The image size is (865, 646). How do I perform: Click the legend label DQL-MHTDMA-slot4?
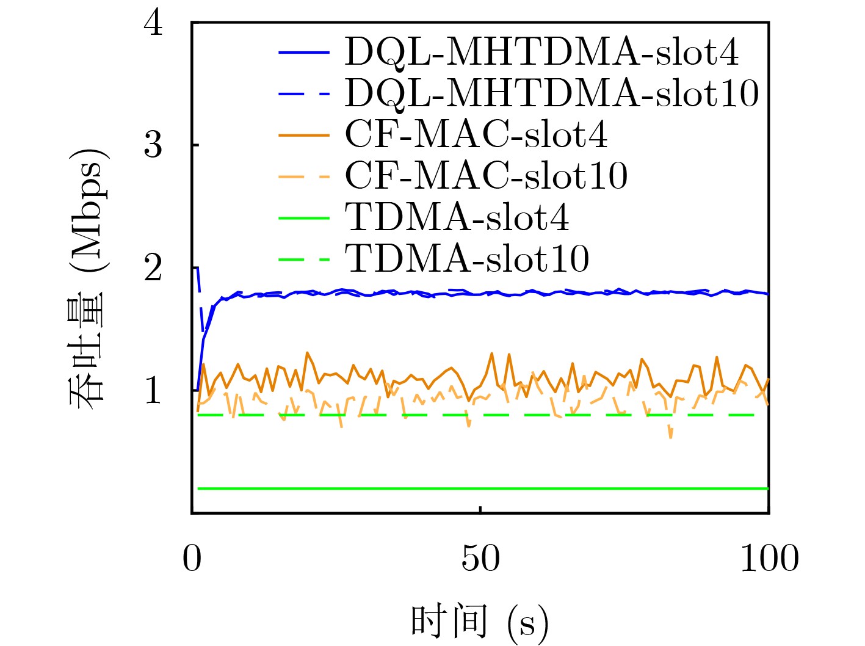point(541,52)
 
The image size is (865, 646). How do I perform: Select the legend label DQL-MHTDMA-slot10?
point(552,93)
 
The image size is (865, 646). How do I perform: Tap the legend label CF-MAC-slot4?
point(476,134)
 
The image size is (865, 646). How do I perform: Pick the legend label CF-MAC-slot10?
point(487,176)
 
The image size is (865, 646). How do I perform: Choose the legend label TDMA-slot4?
point(457,217)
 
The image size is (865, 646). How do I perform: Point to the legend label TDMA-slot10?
point(468,259)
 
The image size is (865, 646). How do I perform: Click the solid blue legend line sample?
point(304,53)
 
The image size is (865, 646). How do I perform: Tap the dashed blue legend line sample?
point(304,94)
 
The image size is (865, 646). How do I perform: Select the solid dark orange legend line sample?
point(304,135)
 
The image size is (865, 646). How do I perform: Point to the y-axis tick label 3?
point(153,145)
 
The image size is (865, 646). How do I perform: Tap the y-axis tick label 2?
point(153,268)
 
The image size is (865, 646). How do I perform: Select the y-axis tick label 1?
point(153,390)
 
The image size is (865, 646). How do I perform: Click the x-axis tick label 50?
point(480,558)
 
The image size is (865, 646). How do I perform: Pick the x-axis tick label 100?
point(769,558)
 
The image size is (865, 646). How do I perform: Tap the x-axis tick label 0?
point(192,558)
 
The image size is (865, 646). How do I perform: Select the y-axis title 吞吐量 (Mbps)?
point(87,278)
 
